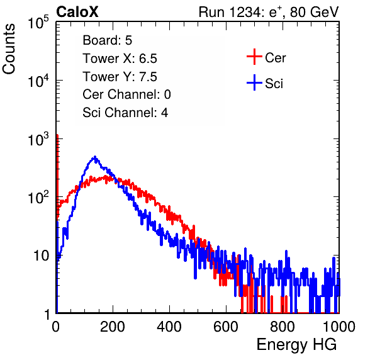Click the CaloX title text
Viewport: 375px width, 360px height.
[x=77, y=12]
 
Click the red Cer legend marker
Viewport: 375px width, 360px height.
[x=254, y=57]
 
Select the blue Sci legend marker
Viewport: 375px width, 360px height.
[x=254, y=82]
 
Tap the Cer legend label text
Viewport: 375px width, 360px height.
[x=275, y=58]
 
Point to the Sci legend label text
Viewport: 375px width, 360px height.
[x=274, y=84]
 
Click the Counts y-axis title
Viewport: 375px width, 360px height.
[x=9, y=49]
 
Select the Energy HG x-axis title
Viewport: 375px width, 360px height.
[x=296, y=344]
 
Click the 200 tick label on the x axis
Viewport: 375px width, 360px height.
[x=113, y=327]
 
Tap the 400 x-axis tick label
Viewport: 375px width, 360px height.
[x=169, y=327]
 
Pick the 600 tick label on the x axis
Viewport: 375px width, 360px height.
[x=226, y=327]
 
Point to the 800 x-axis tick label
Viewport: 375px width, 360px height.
[x=283, y=327]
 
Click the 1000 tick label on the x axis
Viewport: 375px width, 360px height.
[x=339, y=327]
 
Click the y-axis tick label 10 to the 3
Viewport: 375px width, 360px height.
[x=38, y=139]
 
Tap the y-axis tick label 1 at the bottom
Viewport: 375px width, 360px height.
[x=47, y=314]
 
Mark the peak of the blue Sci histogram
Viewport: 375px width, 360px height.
[x=95, y=157]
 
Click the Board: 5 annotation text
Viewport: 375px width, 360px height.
[x=108, y=40]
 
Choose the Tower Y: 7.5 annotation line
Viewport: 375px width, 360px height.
[x=120, y=77]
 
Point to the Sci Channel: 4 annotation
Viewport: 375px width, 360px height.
[x=125, y=113]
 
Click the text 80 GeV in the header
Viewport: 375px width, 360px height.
[x=314, y=12]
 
